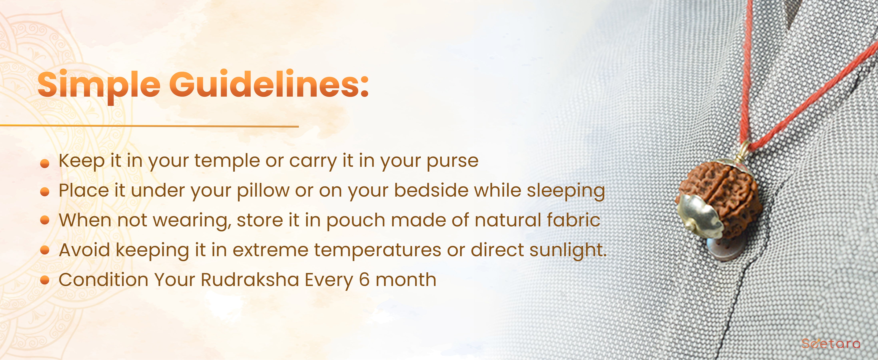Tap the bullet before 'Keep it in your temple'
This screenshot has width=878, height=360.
[45, 164]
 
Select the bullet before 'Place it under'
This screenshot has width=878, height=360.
[45, 192]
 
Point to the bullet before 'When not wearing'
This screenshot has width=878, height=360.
[45, 220]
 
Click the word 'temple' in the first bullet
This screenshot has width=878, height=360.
[227, 161]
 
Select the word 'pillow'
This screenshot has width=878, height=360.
[263, 191]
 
